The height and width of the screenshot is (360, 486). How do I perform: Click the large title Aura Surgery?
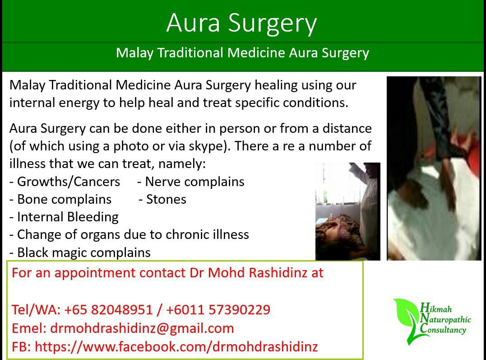pyautogui.click(x=241, y=23)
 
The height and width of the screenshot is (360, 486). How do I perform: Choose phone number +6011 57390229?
pyautogui.click(x=218, y=310)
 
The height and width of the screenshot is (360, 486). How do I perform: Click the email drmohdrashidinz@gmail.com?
pyautogui.click(x=142, y=328)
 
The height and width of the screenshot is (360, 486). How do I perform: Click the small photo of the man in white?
pyautogui.click(x=347, y=211)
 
